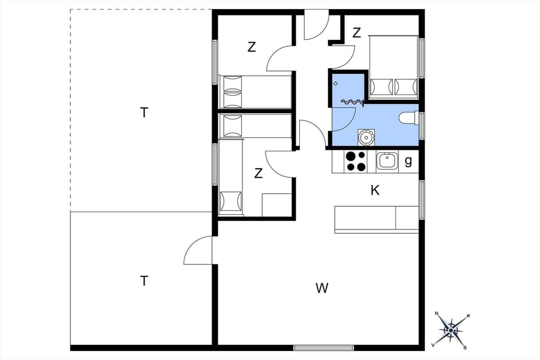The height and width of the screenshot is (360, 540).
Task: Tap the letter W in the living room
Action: (322, 289)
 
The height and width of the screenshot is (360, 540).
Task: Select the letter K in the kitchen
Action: (375, 191)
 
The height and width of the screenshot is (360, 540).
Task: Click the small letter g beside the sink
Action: (408, 161)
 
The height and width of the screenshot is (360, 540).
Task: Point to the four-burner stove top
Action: (355, 161)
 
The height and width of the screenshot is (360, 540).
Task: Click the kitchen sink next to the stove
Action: (388, 161)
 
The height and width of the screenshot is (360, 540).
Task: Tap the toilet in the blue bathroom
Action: (407, 118)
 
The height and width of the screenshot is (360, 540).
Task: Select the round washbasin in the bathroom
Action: (367, 137)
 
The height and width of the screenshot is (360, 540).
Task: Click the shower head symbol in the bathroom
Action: (336, 83)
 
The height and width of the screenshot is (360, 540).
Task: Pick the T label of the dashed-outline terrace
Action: (145, 112)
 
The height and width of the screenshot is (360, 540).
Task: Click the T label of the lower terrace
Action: (145, 281)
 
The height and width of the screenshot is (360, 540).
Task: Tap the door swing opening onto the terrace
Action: (198, 251)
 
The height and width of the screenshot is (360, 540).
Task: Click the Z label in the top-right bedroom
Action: (357, 33)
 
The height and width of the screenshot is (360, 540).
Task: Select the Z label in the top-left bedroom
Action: (251, 47)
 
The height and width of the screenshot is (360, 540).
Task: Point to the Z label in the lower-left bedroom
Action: (258, 173)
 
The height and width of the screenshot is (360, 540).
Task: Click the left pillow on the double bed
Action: (381, 87)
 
